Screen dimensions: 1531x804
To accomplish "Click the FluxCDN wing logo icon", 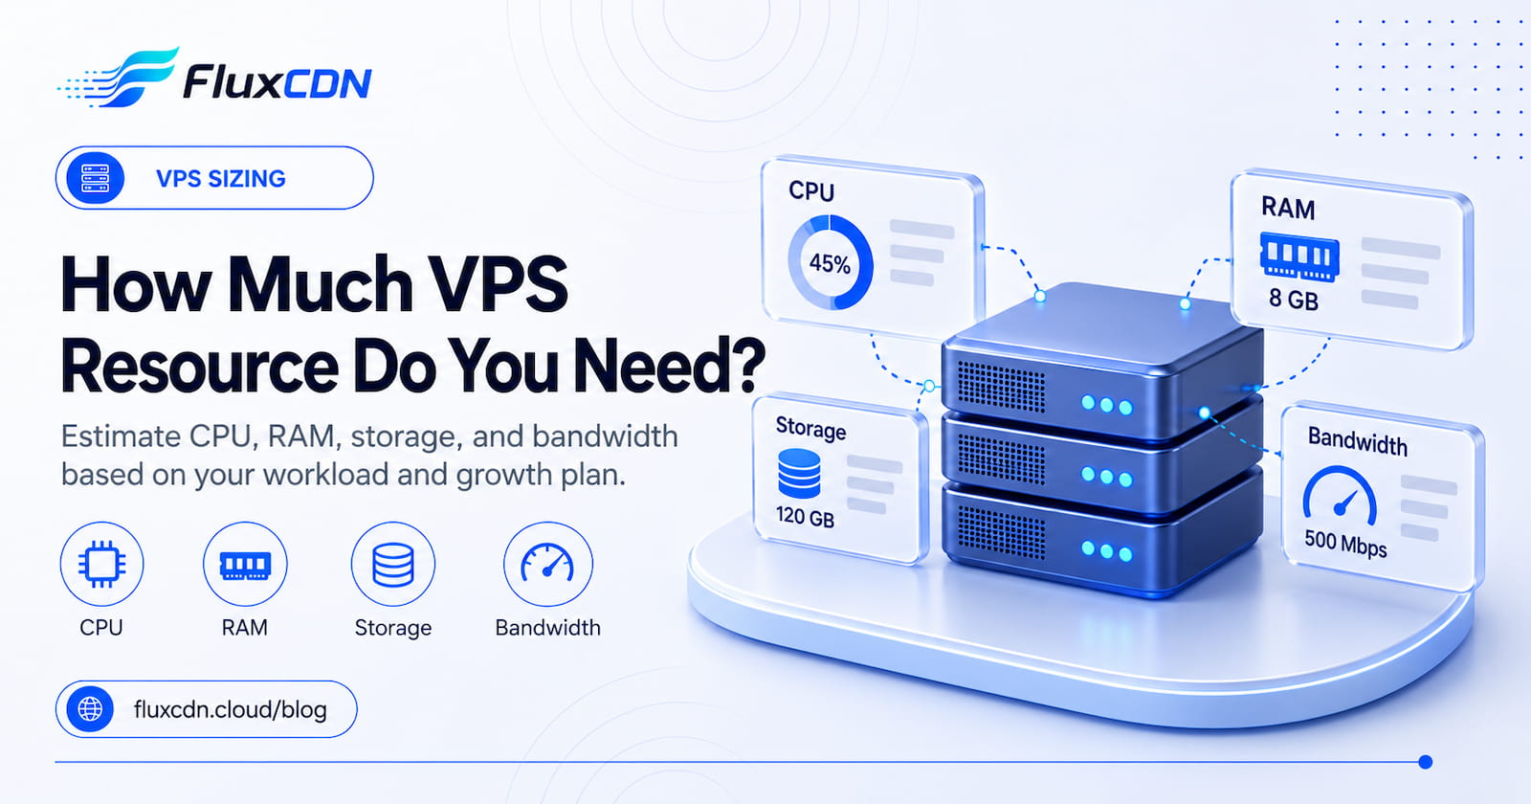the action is point(118,78).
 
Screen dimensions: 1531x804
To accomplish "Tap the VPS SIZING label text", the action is point(221,178).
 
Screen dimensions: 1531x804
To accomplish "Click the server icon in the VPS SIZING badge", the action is point(95,178).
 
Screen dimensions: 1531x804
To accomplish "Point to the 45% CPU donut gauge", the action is point(831,262).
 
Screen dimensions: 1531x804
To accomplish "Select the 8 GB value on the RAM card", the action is point(1293,299).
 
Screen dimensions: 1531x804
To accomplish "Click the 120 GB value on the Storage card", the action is point(805,517).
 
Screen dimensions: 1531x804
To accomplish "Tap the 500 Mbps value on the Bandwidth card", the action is point(1345,544).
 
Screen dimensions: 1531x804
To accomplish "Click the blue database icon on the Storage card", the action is point(799,473).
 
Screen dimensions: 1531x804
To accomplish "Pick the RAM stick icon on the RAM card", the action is point(1298,257).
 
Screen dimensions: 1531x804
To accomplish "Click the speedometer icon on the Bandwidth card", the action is point(1340,493).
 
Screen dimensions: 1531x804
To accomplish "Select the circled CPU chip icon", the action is point(101,564).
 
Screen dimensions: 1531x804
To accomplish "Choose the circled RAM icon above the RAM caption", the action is point(245,564).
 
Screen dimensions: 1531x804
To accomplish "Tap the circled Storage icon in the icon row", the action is point(393,564).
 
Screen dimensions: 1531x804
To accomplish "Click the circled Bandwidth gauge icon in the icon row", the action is point(547,564).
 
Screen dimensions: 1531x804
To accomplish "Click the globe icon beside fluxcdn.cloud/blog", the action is point(90,709).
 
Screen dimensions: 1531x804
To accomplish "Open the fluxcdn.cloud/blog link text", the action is point(231,709).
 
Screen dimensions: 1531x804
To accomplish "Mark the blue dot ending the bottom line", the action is point(1425,762).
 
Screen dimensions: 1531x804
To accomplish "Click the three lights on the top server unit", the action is point(1106,405).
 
